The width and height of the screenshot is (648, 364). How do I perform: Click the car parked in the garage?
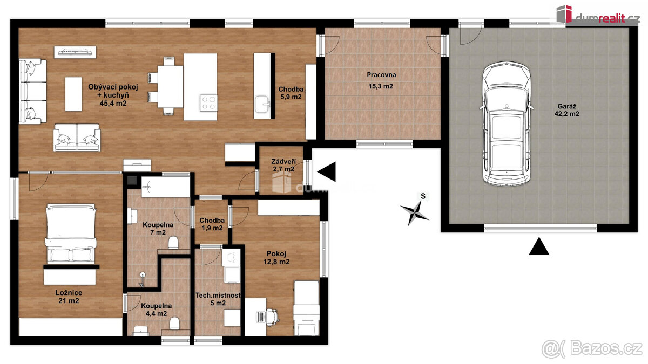click(x=507, y=123)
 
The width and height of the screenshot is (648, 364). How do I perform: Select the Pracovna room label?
click(x=381, y=75)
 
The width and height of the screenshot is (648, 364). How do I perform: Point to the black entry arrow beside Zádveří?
click(x=327, y=171)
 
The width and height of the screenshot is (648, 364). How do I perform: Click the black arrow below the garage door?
click(x=539, y=246)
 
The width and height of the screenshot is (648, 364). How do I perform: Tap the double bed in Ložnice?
click(x=71, y=233)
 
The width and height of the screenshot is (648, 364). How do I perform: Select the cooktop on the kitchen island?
click(x=208, y=103)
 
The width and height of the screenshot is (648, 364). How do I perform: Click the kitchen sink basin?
click(x=262, y=104)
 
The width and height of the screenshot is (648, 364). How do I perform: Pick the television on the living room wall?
click(x=75, y=52)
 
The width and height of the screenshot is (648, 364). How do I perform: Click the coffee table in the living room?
click(x=73, y=94)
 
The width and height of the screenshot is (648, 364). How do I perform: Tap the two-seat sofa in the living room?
click(x=77, y=138)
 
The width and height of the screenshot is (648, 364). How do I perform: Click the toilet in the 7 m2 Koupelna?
click(x=173, y=243)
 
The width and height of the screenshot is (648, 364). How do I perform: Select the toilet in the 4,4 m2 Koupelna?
click(x=174, y=323)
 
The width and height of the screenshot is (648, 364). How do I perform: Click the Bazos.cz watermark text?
click(x=595, y=349)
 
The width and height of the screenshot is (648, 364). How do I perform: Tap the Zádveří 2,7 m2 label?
click(x=283, y=165)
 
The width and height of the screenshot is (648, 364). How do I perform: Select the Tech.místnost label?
click(x=218, y=296)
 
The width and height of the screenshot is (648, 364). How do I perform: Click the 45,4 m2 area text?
click(x=113, y=103)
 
